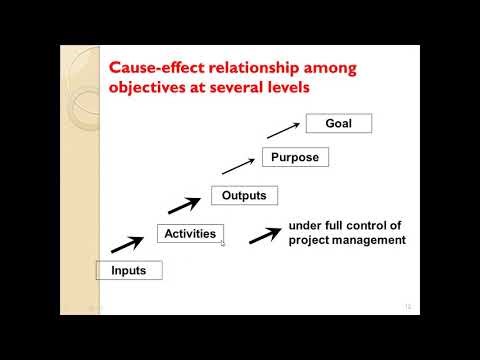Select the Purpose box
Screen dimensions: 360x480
[295, 157]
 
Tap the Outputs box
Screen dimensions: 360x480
[245, 195]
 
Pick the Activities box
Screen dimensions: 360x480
[190, 234]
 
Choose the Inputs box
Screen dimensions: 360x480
[128, 270]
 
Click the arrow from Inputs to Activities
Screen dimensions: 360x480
[125, 244]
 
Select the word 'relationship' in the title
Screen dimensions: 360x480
[254, 67]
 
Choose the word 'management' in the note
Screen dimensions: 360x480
[367, 240]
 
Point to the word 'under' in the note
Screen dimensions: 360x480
[305, 226]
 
